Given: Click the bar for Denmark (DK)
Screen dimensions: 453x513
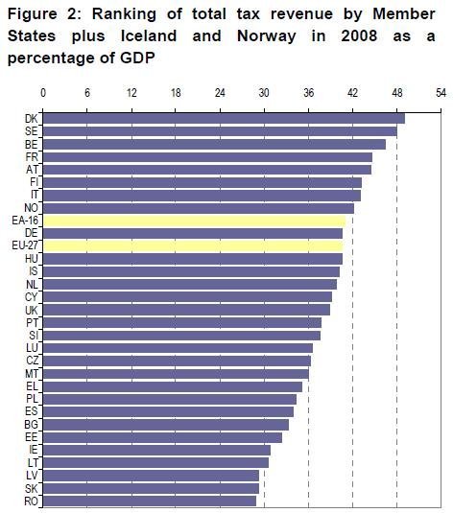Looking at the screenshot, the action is [x=224, y=119].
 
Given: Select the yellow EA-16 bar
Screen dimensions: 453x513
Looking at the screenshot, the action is [x=194, y=222].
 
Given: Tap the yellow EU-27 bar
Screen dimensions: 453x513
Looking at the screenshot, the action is [x=193, y=245].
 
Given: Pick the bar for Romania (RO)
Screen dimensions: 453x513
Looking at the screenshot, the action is [x=150, y=501].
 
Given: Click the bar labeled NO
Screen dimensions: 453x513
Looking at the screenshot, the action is [x=199, y=208].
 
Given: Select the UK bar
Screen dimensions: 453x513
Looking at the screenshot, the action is [x=186, y=310].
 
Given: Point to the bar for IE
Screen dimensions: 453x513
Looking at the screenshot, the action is [x=156, y=450].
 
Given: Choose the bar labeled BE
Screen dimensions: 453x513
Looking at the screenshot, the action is [x=214, y=144].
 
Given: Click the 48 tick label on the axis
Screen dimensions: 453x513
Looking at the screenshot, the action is [x=397, y=93].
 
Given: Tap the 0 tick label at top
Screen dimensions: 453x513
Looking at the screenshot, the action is [x=43, y=93].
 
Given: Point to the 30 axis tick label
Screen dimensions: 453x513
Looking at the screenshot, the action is [x=264, y=93].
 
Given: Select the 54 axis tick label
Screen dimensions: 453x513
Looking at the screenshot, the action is [x=441, y=93].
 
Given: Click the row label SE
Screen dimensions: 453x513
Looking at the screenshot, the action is [x=32, y=131].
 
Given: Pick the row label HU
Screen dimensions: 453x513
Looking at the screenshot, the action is [x=32, y=259].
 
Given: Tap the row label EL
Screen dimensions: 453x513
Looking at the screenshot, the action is [x=32, y=386].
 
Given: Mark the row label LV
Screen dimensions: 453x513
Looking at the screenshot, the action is [x=32, y=476].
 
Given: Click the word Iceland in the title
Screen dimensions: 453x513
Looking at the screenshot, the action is [x=149, y=35].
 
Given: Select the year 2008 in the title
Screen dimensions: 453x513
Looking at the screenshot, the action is [x=359, y=35].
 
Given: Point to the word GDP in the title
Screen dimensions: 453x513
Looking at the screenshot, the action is [x=137, y=58].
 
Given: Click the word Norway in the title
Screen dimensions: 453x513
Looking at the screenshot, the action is [x=266, y=36].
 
